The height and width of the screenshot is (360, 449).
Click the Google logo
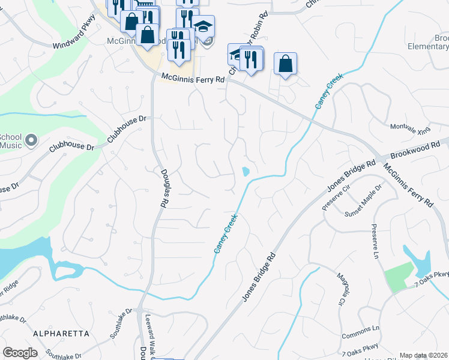(20, 353)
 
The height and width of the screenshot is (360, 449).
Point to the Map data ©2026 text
(423, 355)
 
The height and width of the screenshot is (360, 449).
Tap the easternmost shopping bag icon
(286, 63)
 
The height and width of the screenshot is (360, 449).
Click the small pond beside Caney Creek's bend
(246, 172)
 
